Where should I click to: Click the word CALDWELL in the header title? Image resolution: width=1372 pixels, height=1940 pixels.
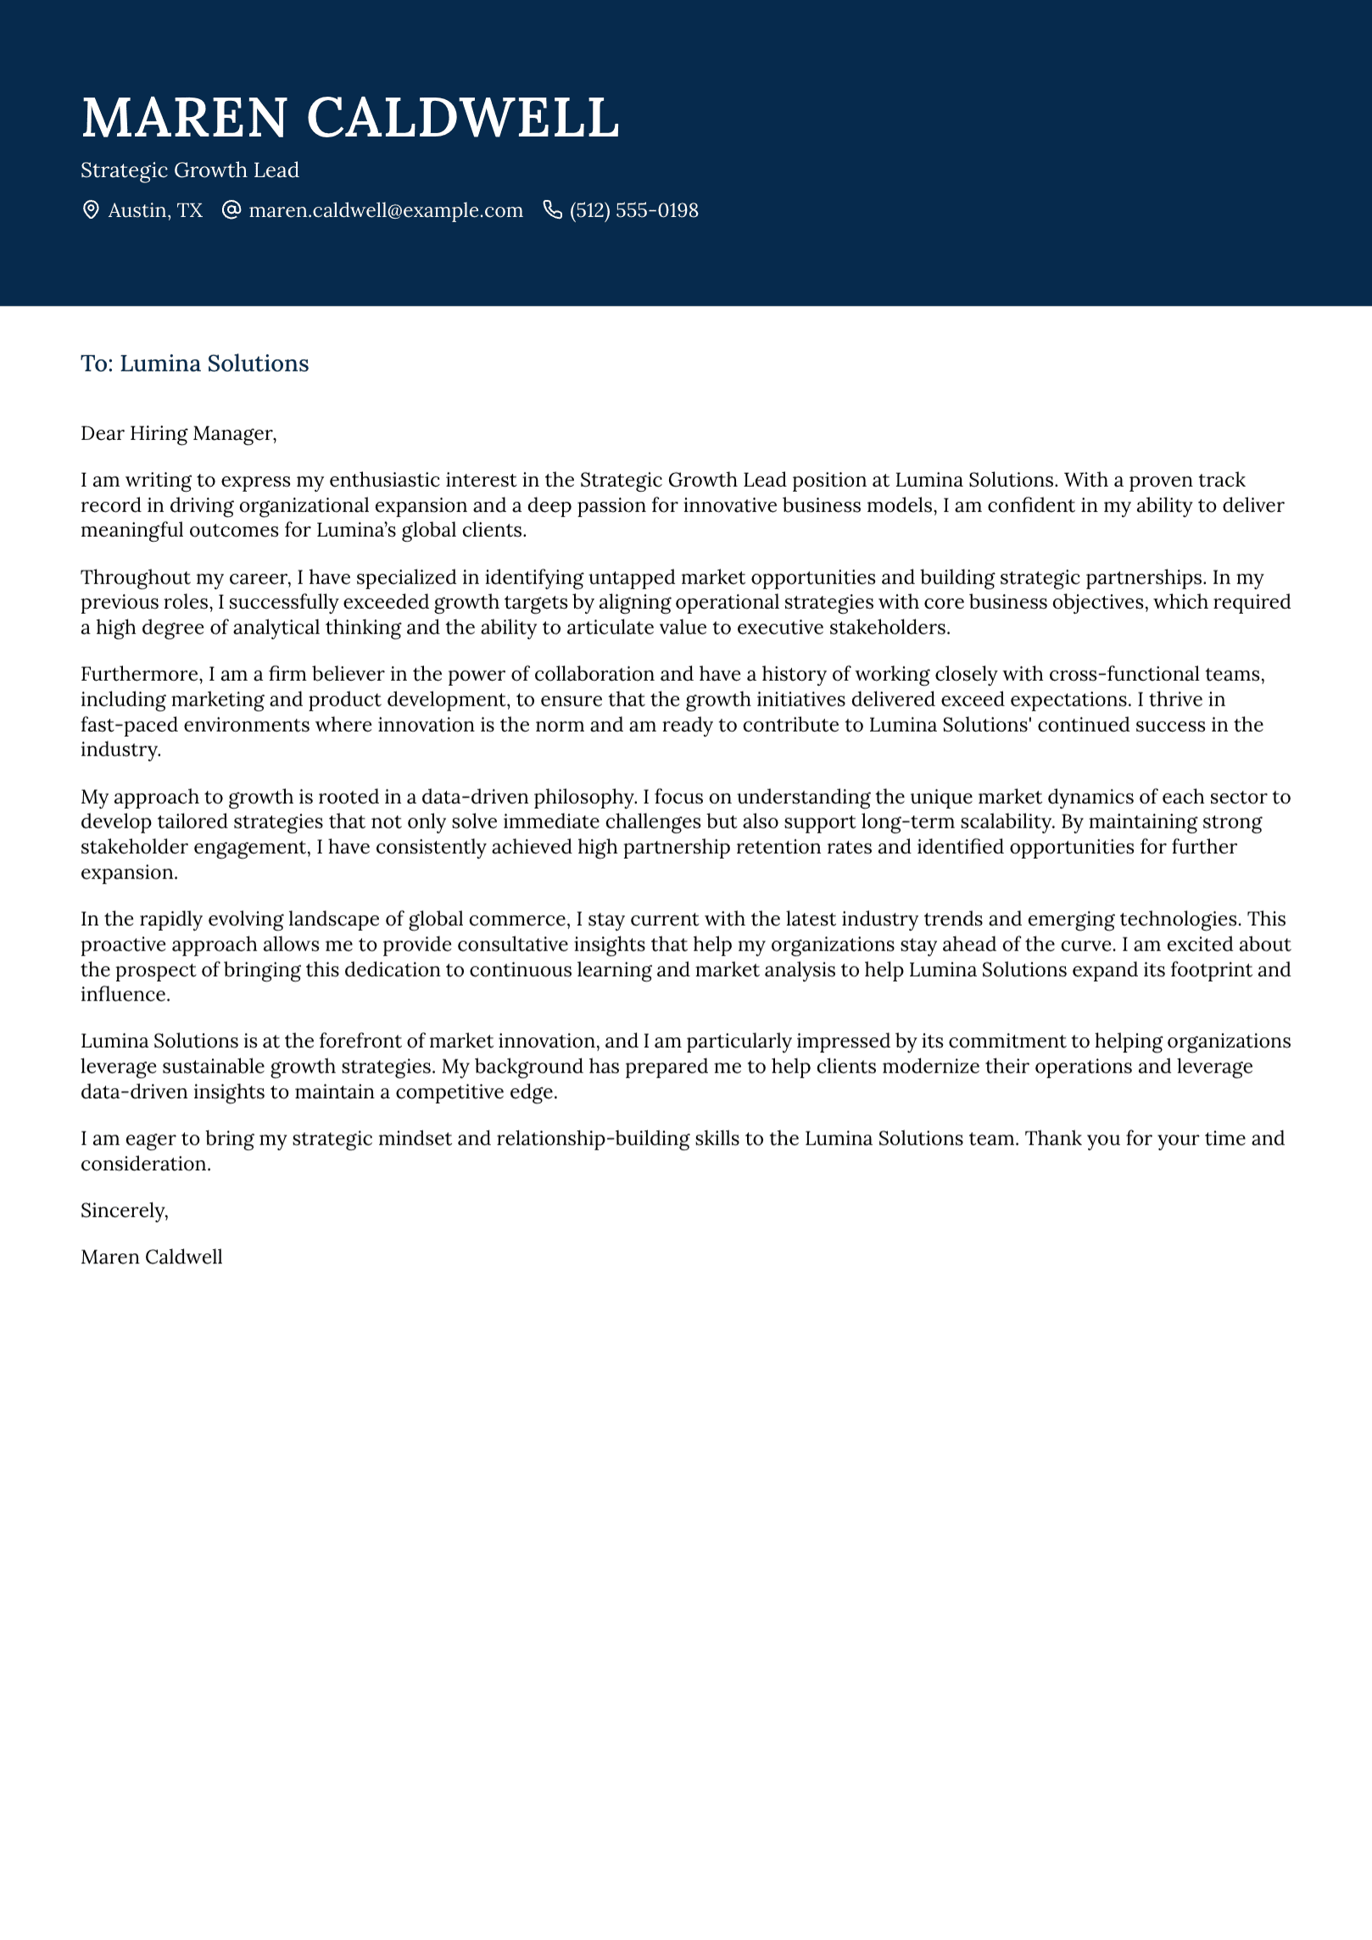[462, 118]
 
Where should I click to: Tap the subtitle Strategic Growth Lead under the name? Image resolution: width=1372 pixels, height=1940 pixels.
[190, 170]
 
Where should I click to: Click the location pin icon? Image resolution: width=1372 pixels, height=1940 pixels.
[91, 210]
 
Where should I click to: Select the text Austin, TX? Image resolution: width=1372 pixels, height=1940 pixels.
[155, 210]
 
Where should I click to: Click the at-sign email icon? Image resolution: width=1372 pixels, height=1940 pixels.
[231, 210]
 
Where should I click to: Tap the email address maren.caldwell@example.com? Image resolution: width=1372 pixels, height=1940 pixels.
[386, 210]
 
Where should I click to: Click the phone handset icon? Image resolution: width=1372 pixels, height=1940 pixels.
[552, 210]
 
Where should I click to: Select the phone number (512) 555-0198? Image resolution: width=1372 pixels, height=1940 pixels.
[633, 210]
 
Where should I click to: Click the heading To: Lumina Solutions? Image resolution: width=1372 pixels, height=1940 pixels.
[194, 364]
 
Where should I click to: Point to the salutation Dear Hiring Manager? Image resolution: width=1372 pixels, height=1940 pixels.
[178, 433]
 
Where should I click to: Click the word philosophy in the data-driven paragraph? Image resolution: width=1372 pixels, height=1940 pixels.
[588, 797]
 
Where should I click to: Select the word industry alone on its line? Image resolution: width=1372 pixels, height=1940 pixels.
[120, 750]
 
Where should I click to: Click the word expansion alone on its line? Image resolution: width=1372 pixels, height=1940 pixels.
[128, 872]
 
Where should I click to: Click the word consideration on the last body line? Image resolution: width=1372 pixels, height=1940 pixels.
[144, 1164]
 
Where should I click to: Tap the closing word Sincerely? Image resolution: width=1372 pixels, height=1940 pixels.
[124, 1211]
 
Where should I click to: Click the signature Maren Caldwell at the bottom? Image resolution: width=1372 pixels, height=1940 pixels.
[151, 1257]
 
